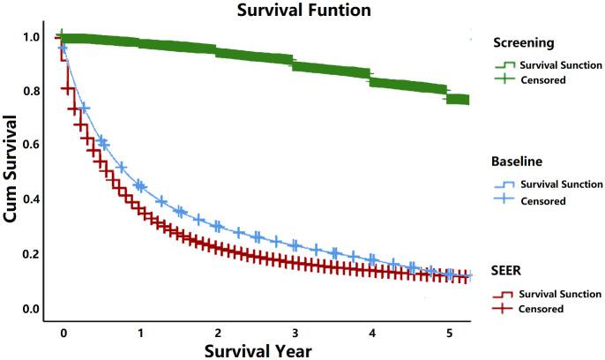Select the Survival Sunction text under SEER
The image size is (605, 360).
[561, 293]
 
